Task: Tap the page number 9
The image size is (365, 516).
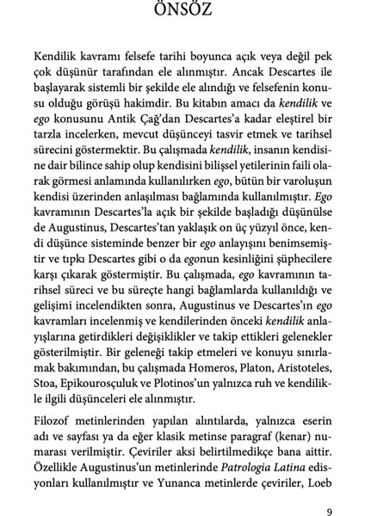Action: tap(330, 492)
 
